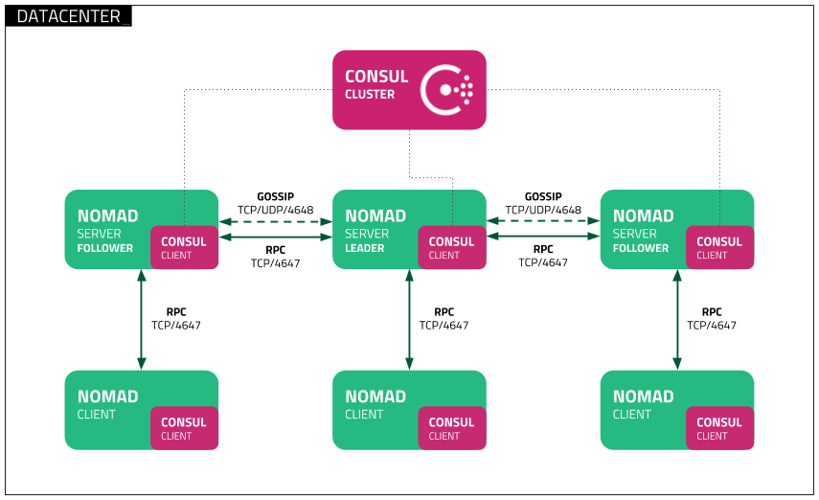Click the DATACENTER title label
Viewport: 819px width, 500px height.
pyautogui.click(x=68, y=16)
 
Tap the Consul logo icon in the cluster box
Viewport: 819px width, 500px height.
pyautogui.click(x=448, y=89)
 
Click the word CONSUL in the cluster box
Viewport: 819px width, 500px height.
pyautogui.click(x=376, y=77)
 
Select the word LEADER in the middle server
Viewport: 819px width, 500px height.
pyautogui.click(x=365, y=248)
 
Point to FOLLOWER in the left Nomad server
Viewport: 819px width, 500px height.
pyautogui.click(x=105, y=248)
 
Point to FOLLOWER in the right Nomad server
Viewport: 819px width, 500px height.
pyautogui.click(x=641, y=248)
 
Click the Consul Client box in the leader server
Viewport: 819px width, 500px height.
pyautogui.click(x=451, y=248)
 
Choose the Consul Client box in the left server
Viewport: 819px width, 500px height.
pyautogui.click(x=184, y=248)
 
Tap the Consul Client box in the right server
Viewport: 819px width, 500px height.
pyautogui.click(x=719, y=248)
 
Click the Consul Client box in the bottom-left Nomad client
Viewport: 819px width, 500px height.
pyautogui.click(x=184, y=428)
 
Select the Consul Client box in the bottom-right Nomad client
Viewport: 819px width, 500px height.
pyautogui.click(x=719, y=428)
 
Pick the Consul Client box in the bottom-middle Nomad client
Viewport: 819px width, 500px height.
pyautogui.click(x=451, y=428)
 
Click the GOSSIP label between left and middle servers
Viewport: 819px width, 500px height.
pyautogui.click(x=275, y=196)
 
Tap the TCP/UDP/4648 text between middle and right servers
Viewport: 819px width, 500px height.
pyautogui.click(x=543, y=210)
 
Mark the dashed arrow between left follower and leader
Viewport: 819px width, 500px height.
pyautogui.click(x=276, y=222)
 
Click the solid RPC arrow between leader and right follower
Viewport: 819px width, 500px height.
pyautogui.click(x=543, y=237)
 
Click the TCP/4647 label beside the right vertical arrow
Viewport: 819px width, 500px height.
pyautogui.click(x=712, y=326)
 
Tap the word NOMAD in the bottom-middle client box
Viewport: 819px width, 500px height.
pyautogui.click(x=375, y=397)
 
